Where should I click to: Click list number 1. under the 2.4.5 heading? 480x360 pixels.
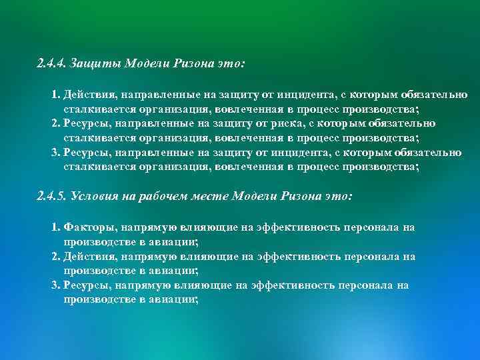tap(56, 227)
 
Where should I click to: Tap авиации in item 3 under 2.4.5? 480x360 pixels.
tap(175, 299)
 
